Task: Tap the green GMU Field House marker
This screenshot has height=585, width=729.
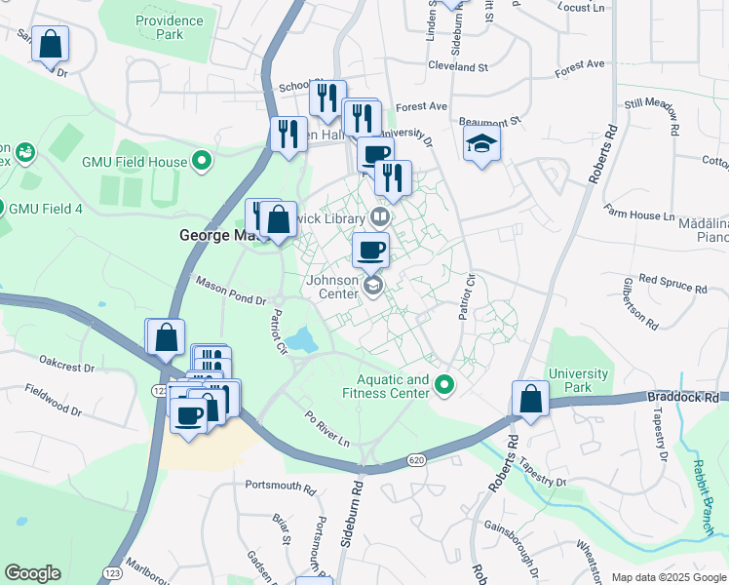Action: coord(203,160)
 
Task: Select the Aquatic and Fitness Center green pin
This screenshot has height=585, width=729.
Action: coord(445,386)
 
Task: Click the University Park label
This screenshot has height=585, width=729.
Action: coord(578,380)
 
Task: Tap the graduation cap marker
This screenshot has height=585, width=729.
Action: coord(481,143)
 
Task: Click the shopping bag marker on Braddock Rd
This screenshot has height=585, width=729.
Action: coord(529,399)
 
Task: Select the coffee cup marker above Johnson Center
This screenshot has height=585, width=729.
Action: coord(370,250)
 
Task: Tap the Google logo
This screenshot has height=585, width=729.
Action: coord(32,573)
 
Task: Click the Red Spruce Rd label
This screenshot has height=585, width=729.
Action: coord(673,283)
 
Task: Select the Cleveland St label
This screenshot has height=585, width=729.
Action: coord(457,66)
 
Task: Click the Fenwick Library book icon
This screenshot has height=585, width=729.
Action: coord(380,216)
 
